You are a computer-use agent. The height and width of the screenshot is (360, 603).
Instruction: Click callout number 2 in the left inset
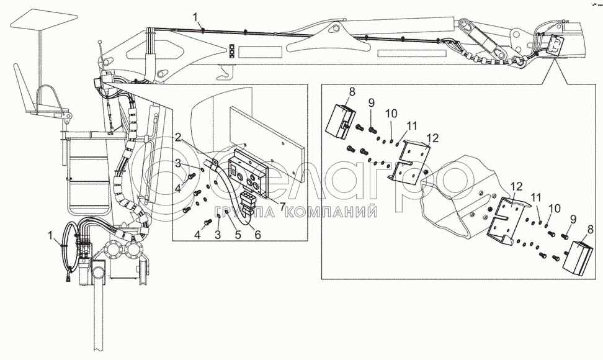point(178,137)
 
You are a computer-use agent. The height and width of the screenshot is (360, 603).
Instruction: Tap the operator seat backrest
point(20,88)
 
